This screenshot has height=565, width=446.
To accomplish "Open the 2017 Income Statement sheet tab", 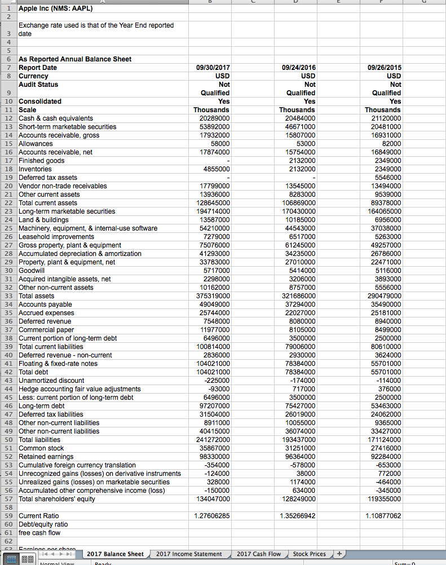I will click(x=189, y=554).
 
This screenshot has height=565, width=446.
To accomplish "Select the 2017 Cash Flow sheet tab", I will click(x=258, y=554).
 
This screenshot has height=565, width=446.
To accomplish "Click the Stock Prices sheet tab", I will click(x=309, y=554).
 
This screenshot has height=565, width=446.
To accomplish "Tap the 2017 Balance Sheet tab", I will click(x=115, y=554).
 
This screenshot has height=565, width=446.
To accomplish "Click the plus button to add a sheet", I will click(x=339, y=554).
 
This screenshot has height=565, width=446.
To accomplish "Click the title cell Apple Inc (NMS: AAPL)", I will click(x=55, y=8).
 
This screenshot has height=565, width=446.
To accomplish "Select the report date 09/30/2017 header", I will click(x=213, y=68).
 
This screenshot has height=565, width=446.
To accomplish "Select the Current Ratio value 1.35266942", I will click(x=297, y=516).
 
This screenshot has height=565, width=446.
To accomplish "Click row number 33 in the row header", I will click(x=8, y=296).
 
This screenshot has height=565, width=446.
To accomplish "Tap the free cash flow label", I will click(x=39, y=533).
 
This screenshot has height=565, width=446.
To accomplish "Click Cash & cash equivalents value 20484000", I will click(x=299, y=118).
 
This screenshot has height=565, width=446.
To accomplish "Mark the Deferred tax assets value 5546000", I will click(x=386, y=178).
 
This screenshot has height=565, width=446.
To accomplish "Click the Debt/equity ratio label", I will click(x=43, y=524).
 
